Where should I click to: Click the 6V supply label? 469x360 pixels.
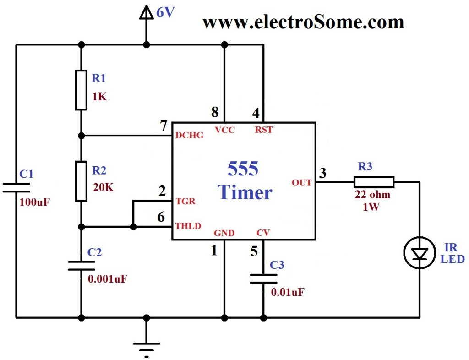165,13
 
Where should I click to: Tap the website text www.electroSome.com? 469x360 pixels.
303,22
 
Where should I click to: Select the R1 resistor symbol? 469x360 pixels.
81,90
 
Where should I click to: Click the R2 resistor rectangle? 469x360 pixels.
81,181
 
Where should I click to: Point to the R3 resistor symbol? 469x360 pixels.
374,182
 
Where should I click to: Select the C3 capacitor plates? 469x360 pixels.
263,278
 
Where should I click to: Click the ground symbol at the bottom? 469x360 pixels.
147,346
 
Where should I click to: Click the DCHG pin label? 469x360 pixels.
189,136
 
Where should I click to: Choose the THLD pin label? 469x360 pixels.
188,226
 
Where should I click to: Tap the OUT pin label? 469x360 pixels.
302,183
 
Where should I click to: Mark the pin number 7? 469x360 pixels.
164,126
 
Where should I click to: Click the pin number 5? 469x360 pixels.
254,251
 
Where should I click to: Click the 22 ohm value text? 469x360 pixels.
373,195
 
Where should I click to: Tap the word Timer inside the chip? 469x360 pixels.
245,192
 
